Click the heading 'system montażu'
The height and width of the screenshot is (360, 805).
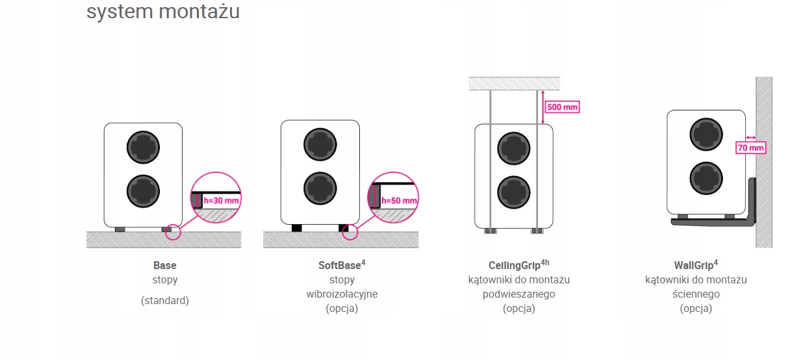[x=162, y=11]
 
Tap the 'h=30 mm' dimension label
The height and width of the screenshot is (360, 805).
[x=222, y=201]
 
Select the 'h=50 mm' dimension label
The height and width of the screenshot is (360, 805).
[x=399, y=200]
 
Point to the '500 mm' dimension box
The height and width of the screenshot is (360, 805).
[x=562, y=107]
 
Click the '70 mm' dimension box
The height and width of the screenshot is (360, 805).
[x=750, y=148]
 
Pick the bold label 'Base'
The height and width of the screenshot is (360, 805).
[x=164, y=265]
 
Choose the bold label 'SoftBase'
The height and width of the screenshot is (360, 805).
[x=339, y=265]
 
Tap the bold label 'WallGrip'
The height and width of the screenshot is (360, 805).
[x=693, y=265]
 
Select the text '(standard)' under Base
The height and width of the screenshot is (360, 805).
[x=164, y=300]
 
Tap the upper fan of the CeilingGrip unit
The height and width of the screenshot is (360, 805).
[x=514, y=149]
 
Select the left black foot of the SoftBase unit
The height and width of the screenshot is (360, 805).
[x=297, y=228]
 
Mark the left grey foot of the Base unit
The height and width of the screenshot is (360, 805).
[x=120, y=229]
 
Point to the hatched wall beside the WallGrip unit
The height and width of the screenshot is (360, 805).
[x=763, y=162]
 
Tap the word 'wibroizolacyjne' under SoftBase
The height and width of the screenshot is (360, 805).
[x=342, y=294]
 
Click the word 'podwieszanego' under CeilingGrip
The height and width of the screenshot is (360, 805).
[x=518, y=294]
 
